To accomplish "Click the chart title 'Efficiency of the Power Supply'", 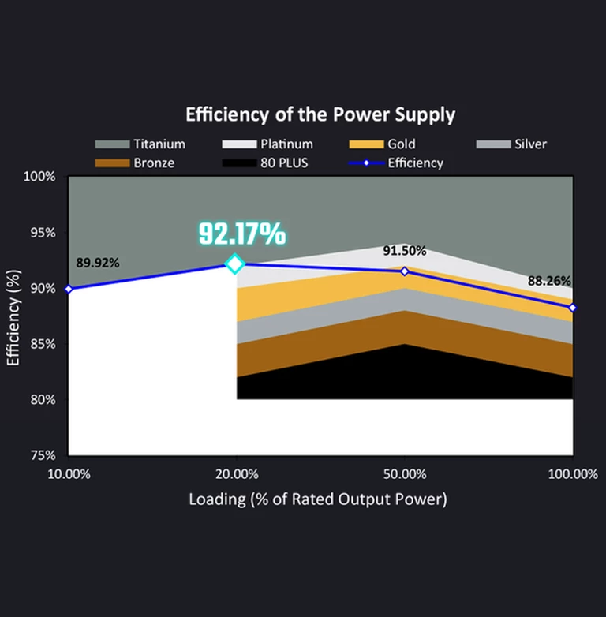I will (320, 114).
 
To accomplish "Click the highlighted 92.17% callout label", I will (241, 234).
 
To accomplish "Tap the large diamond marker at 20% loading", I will (234, 264).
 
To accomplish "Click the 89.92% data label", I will (98, 263).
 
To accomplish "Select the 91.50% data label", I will (405, 251).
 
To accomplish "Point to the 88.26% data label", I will (550, 280).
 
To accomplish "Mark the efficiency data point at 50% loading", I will (405, 271).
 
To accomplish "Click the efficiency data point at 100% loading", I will (572, 307).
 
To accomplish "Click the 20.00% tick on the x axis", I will (237, 474).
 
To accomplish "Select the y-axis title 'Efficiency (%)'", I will (13, 316).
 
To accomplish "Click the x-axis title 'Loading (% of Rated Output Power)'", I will (318, 499).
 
